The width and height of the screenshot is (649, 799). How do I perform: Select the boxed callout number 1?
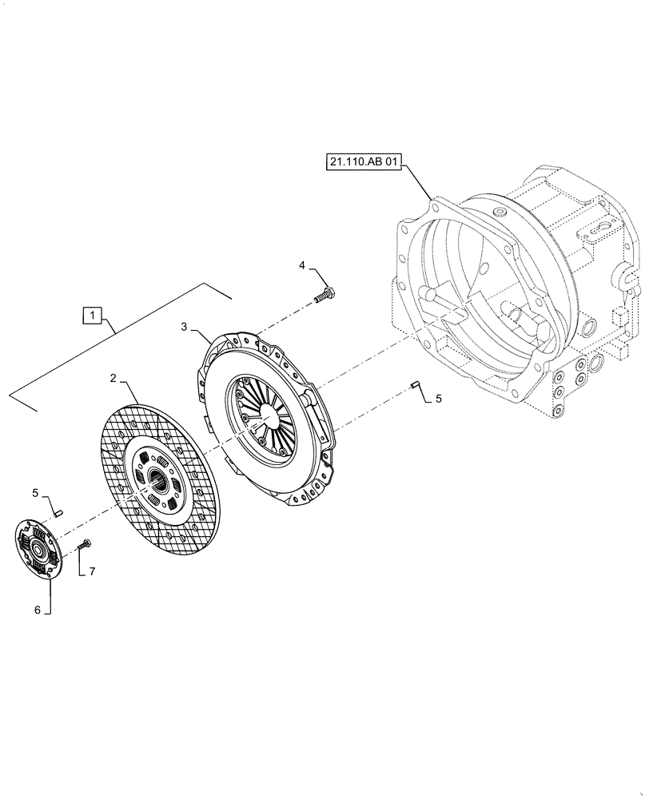tap(93, 316)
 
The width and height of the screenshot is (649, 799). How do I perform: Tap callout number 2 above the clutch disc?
tap(113, 377)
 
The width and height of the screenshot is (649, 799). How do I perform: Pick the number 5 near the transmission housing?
tap(437, 397)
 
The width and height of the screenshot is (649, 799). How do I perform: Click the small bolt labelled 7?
tap(85, 546)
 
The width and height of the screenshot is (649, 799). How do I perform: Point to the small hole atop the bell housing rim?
tap(499, 213)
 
